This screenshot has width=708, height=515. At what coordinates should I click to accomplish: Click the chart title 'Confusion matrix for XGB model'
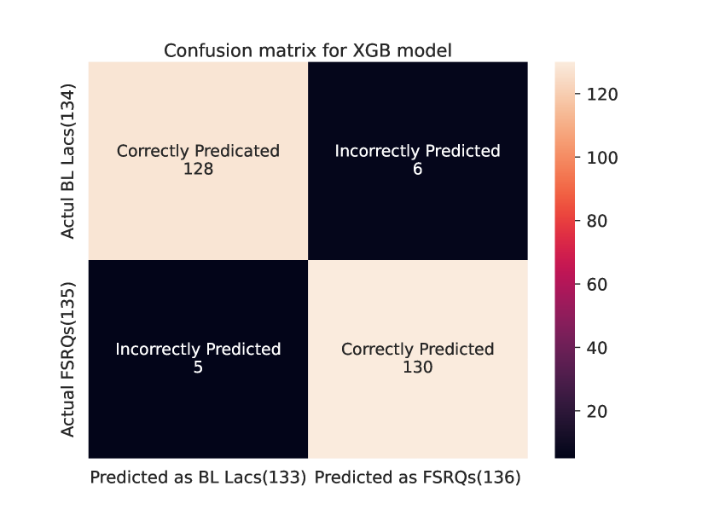click(307, 51)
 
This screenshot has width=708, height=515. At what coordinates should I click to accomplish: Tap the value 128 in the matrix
click(198, 169)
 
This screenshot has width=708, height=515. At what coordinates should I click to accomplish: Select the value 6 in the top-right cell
click(417, 169)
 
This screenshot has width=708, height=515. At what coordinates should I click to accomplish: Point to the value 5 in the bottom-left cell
click(198, 367)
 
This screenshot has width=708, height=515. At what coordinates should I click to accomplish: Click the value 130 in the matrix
click(417, 367)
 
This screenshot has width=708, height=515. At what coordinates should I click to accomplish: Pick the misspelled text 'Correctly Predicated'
click(198, 151)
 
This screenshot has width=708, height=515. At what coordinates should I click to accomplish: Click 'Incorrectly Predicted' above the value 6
click(417, 151)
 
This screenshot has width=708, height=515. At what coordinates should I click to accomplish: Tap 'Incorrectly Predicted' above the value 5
click(198, 349)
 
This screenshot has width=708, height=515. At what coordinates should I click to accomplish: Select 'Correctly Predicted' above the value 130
click(417, 349)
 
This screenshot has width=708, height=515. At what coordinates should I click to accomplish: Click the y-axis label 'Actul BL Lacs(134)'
click(68, 161)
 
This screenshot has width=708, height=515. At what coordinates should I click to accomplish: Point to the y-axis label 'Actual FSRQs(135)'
click(68, 359)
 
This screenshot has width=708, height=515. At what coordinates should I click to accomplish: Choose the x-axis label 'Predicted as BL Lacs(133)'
click(198, 478)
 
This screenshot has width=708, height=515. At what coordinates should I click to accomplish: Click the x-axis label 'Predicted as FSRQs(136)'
click(417, 478)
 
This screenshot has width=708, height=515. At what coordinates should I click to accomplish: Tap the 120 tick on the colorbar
click(601, 95)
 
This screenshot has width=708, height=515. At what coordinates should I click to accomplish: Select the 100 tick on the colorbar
click(601, 158)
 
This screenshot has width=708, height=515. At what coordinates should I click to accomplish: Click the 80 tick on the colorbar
click(595, 221)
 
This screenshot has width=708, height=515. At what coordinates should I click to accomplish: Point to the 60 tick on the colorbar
click(595, 284)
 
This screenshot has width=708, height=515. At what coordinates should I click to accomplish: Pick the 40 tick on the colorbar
click(595, 348)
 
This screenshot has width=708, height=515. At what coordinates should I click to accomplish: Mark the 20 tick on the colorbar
click(595, 411)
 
